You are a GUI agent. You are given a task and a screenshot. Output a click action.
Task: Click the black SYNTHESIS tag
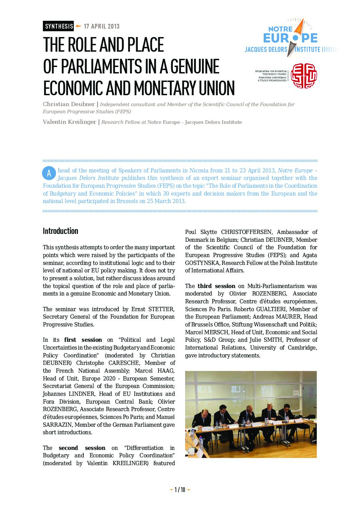tap(59, 26)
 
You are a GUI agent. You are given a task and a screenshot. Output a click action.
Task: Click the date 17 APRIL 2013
tap(101, 26)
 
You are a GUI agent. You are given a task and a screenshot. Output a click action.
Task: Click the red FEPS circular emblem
tap(304, 75)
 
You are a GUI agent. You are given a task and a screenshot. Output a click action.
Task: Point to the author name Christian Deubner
tap(69, 104)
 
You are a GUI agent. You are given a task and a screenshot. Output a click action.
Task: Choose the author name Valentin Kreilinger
tap(69, 122)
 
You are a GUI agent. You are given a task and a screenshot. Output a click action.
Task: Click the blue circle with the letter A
tap(49, 173)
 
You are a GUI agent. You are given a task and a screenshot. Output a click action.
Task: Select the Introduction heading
tap(61, 231)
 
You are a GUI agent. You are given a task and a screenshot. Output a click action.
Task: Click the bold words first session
tap(83, 340)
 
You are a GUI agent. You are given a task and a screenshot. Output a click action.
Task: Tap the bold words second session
tap(82, 448)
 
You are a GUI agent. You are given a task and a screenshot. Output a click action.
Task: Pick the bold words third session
tap(216, 286)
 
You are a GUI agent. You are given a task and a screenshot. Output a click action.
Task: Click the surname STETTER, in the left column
tap(161, 309)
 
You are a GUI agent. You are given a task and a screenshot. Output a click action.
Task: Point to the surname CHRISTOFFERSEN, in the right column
tap(247, 232)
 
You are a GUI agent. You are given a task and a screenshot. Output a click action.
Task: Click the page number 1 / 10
tap(180, 490)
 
